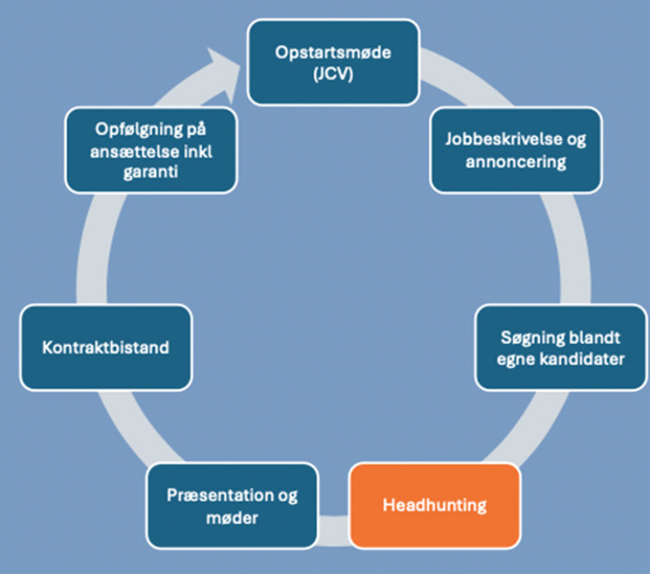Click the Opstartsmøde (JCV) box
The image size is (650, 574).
334,63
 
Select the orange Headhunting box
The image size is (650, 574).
435,505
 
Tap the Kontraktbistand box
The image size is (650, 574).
105,347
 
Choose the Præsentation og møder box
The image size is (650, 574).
232,505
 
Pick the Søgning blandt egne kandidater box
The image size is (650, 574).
560,347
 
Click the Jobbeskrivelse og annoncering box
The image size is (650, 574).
515,150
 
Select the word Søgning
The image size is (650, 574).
529,337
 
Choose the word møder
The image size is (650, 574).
233,517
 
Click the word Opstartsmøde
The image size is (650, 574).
334,53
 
